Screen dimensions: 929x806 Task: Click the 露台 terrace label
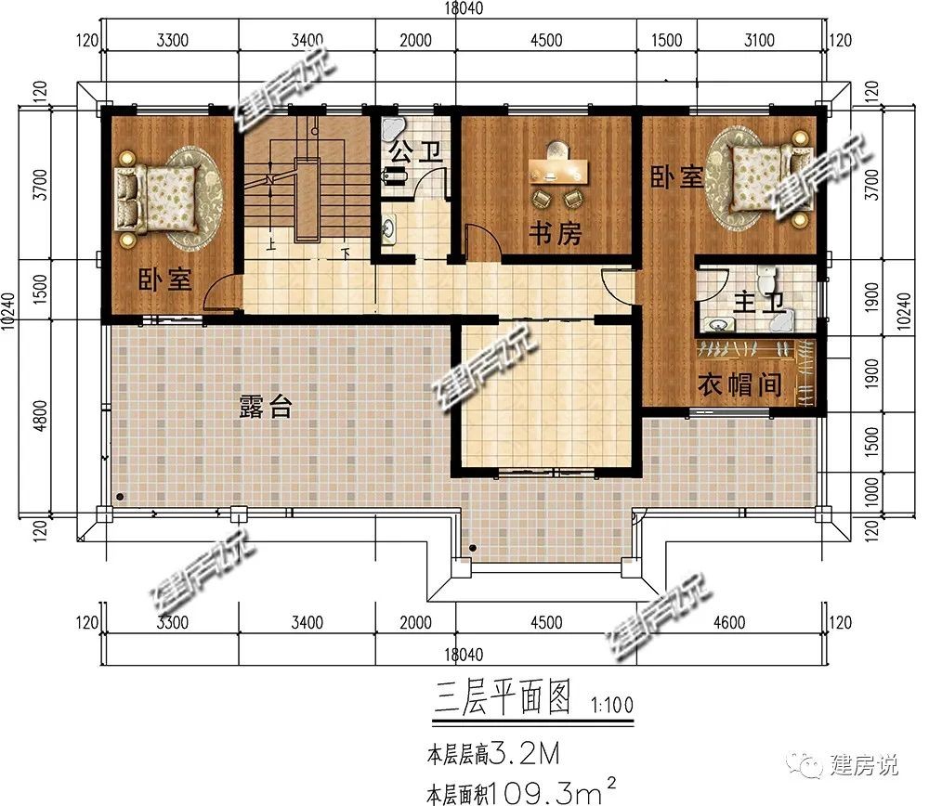tap(266, 407)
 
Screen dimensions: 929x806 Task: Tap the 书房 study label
tap(556, 233)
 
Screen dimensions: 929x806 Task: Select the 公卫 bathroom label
tap(416, 151)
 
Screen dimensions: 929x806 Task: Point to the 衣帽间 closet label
tap(739, 385)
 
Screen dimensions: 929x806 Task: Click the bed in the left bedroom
tap(157, 199)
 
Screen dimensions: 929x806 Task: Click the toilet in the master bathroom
tap(766, 279)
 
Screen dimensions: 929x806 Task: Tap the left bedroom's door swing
tap(220, 293)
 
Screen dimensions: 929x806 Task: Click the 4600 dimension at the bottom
tap(729, 622)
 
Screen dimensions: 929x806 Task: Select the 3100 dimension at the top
tap(759, 40)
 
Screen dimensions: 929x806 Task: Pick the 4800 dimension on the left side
tap(39, 416)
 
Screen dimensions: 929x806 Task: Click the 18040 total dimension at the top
tap(464, 8)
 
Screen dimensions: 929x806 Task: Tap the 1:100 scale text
tap(612, 705)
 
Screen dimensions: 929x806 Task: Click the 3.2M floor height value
tap(526, 754)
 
